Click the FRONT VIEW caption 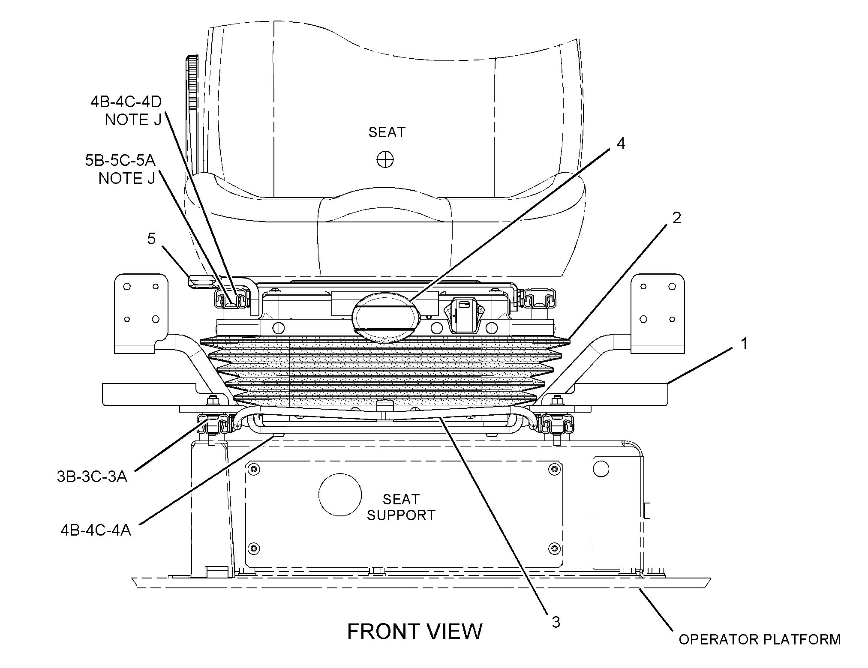pos(414,631)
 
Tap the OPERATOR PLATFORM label pos(760,639)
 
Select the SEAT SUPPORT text pos(401,507)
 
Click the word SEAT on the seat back pos(387,132)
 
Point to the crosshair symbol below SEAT pos(385,160)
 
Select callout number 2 pos(676,218)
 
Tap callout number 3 pos(556,622)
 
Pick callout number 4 pos(620,144)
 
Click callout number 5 pos(151,239)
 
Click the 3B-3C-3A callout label pos(92,476)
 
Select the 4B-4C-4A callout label pos(96,530)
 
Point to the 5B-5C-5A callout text pos(120,160)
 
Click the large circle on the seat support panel pos(340,494)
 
